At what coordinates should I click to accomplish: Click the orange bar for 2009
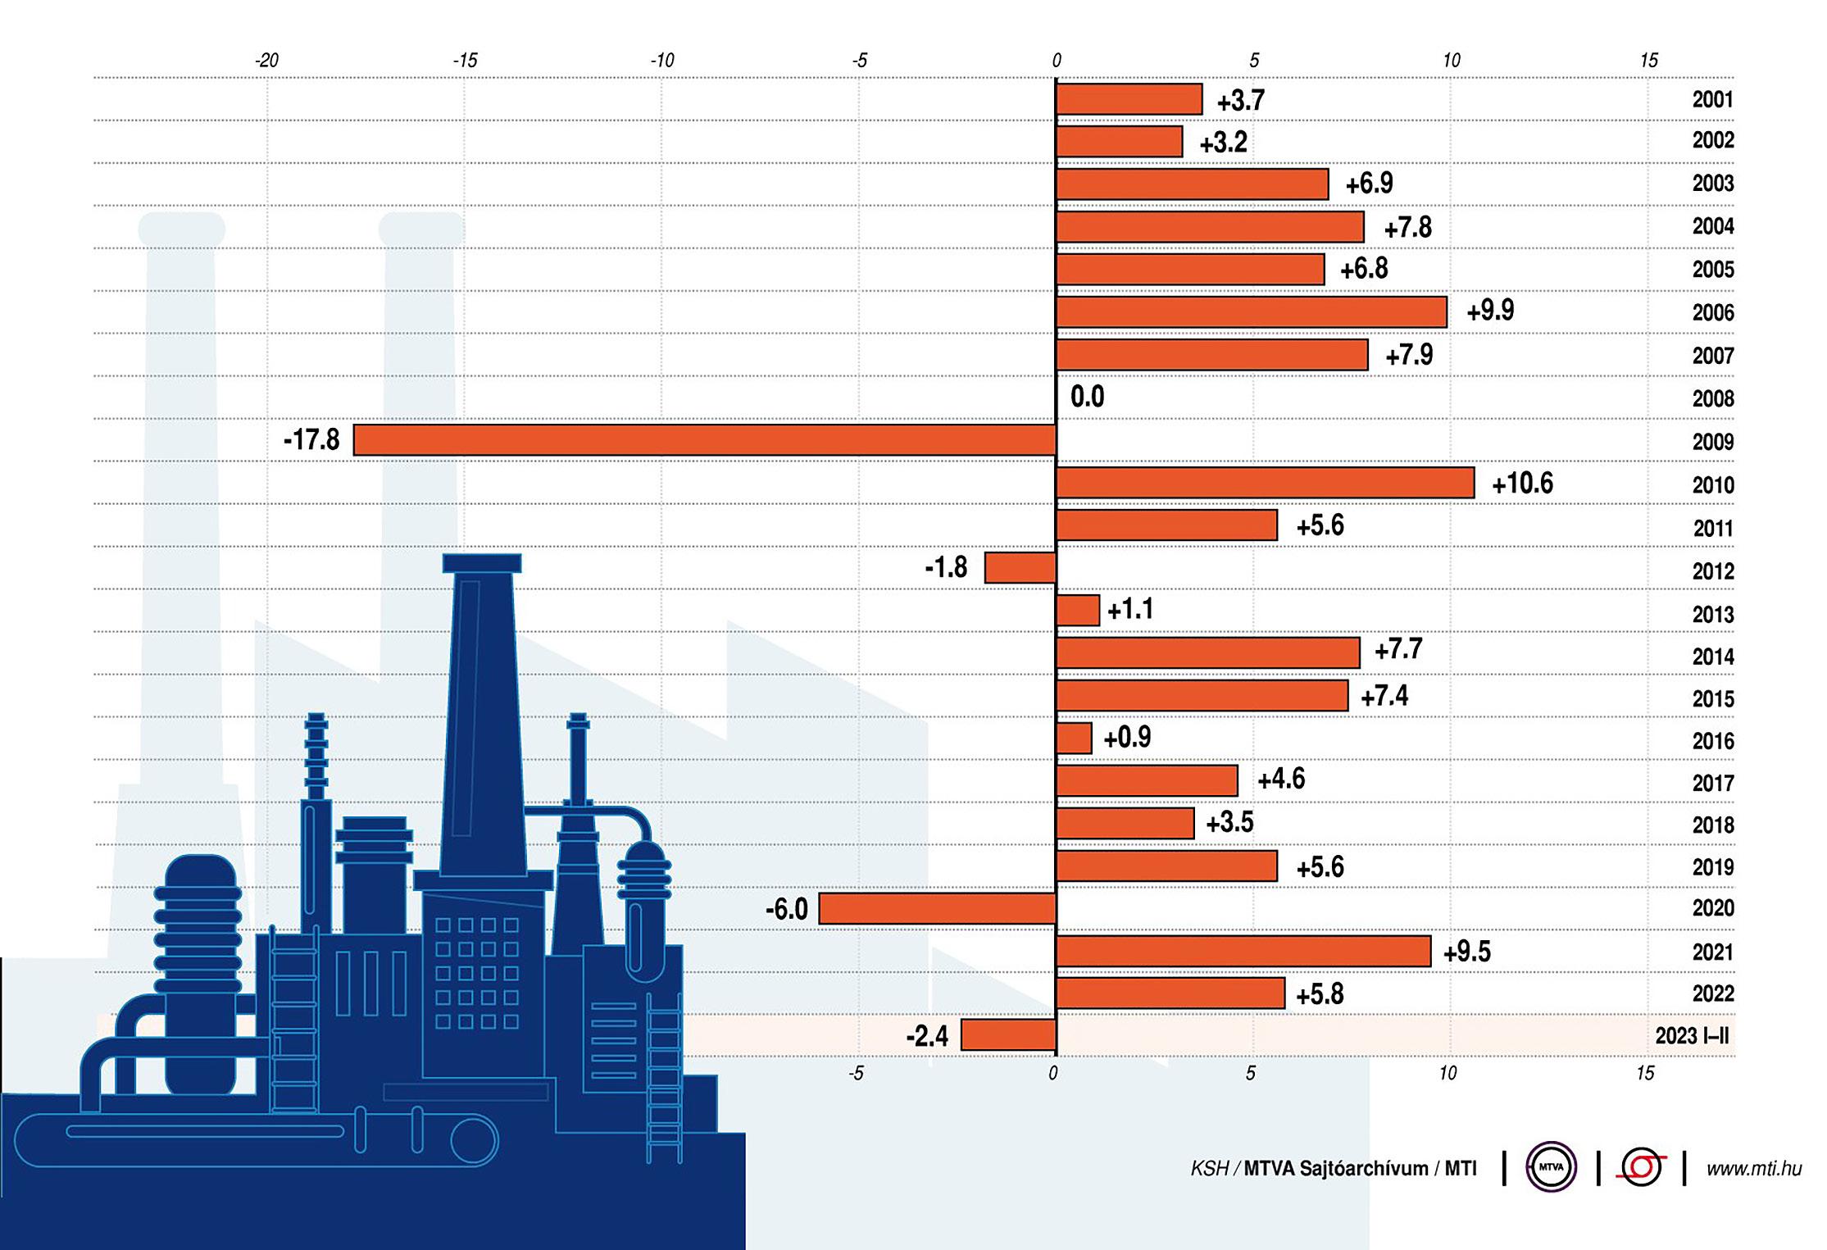tap(704, 440)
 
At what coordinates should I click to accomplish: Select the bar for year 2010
tap(1265, 483)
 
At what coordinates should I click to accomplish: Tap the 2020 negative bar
tap(937, 908)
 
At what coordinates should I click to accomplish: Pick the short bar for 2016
tap(1074, 738)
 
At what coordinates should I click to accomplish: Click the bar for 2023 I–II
tap(1008, 1035)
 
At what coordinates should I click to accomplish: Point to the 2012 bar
tap(1020, 567)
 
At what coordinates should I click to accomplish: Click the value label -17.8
tap(311, 440)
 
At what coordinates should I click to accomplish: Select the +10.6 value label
tap(1522, 484)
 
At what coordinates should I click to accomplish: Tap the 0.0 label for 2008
tap(1087, 398)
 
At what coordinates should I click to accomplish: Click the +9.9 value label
tap(1490, 311)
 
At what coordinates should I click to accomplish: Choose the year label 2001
tap(1713, 100)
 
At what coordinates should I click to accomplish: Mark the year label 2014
tap(1713, 657)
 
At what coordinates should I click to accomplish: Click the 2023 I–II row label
tap(1692, 1036)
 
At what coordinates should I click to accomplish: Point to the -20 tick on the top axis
tap(266, 61)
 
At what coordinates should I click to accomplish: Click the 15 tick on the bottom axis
tap(1644, 1074)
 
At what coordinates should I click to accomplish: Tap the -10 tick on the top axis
tap(661, 61)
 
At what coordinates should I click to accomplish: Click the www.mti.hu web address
tap(1754, 1169)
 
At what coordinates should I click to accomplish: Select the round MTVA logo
tap(1551, 1167)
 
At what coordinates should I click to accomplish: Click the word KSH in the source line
tap(1209, 1169)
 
